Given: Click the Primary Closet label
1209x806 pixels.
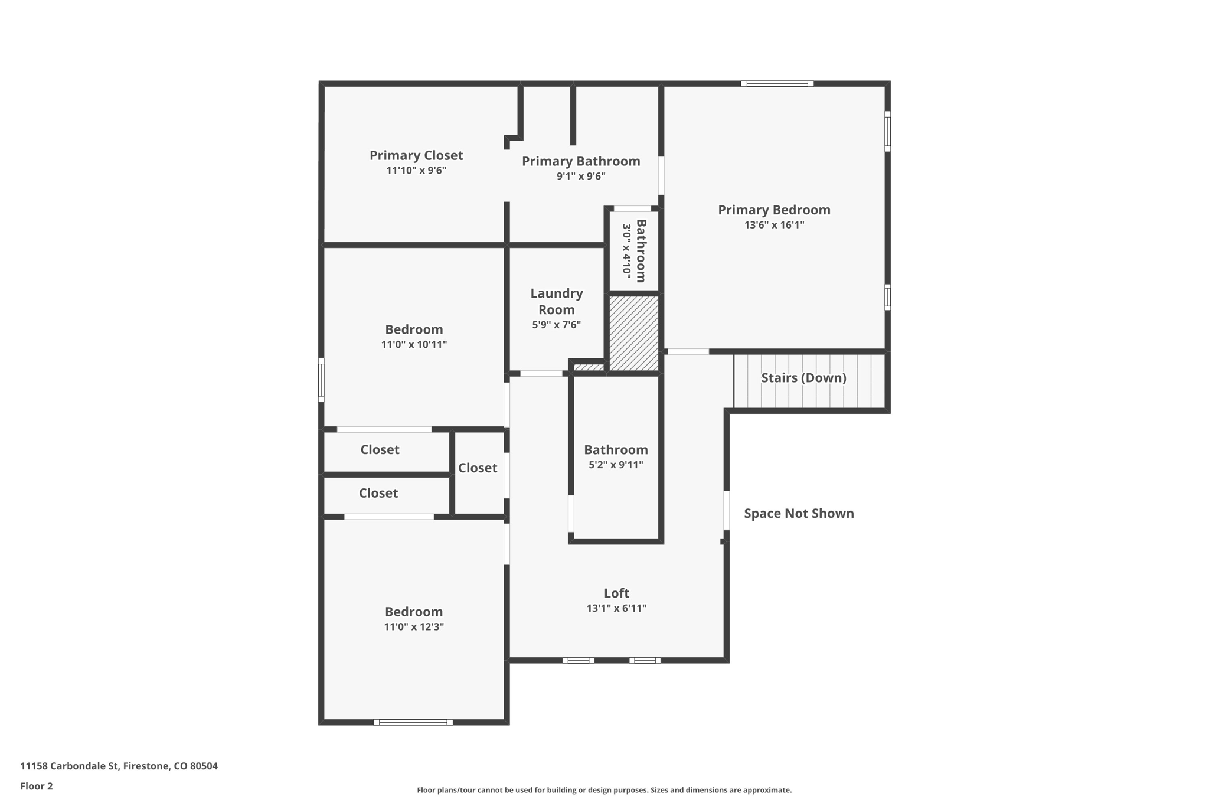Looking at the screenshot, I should click(416, 155).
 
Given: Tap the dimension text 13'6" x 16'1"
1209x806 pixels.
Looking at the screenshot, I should click(773, 225).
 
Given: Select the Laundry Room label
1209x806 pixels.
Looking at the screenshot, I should click(556, 301).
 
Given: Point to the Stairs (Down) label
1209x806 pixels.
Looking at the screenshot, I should click(803, 378).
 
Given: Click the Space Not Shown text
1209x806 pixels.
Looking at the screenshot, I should click(798, 513).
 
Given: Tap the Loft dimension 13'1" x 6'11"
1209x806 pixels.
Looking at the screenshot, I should click(616, 608).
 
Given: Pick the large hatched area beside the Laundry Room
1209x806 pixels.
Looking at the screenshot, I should click(633, 333).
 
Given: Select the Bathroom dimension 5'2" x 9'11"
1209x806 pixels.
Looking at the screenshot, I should click(615, 465).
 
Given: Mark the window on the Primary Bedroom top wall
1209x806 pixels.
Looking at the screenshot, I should click(777, 84).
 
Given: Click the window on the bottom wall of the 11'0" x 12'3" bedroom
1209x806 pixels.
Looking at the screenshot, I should click(413, 722).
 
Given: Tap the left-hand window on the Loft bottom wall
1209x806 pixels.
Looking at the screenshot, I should click(578, 660).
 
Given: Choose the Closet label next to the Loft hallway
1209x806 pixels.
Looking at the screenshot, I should click(477, 468).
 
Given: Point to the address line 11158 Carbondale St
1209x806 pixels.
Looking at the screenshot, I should click(119, 766).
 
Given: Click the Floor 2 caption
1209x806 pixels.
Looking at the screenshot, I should click(37, 786).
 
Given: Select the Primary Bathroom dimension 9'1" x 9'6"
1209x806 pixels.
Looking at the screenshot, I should click(580, 176).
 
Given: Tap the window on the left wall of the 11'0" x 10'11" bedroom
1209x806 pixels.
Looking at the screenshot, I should click(321, 380).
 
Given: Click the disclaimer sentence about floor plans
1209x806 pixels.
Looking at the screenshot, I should click(603, 790).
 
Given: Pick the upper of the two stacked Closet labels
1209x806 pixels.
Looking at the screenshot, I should click(380, 449).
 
